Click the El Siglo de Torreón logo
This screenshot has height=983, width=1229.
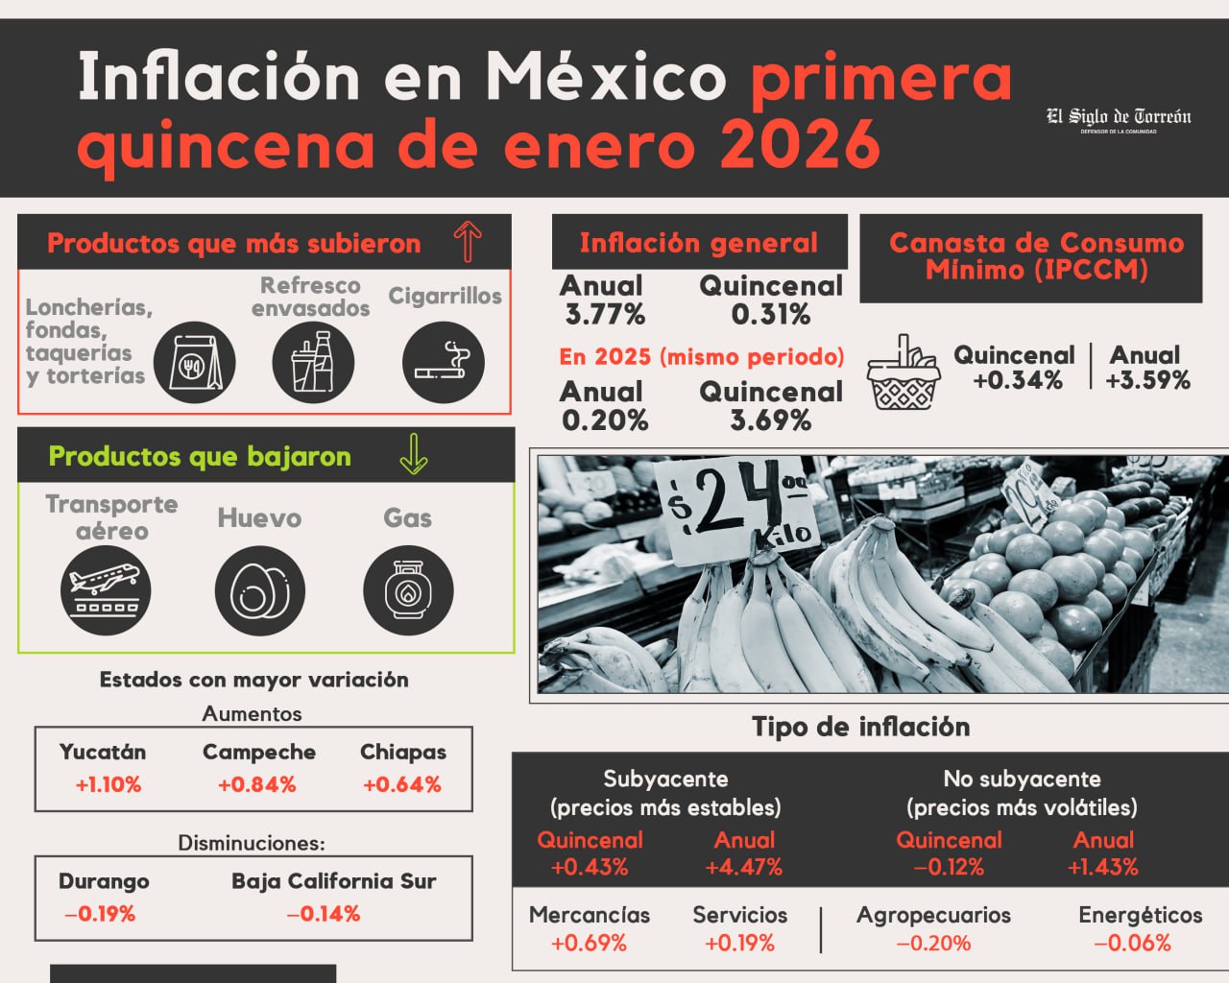(x=1119, y=119)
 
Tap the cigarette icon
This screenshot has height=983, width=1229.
(x=443, y=362)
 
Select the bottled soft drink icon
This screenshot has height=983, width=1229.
(x=313, y=362)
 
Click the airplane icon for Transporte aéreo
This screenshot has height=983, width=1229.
(x=106, y=589)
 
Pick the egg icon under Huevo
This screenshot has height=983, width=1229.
(x=259, y=589)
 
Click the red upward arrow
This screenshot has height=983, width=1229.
(x=468, y=241)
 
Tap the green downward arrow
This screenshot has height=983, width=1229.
(x=414, y=454)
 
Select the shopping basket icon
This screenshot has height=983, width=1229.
(x=902, y=373)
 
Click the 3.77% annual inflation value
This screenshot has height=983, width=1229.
(x=604, y=314)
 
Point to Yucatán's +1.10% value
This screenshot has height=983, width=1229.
(x=108, y=784)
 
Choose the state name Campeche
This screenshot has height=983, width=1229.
(x=259, y=753)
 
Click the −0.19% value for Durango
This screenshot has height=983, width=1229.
(x=100, y=914)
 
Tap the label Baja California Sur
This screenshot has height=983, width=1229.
(x=333, y=881)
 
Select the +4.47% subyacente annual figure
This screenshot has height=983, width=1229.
(x=743, y=867)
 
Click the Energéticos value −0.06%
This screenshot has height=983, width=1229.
(x=1133, y=943)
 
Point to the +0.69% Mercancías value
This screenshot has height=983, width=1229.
(x=589, y=943)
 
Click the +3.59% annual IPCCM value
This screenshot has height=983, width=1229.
(x=1147, y=380)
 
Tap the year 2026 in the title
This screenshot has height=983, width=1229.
(x=800, y=146)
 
